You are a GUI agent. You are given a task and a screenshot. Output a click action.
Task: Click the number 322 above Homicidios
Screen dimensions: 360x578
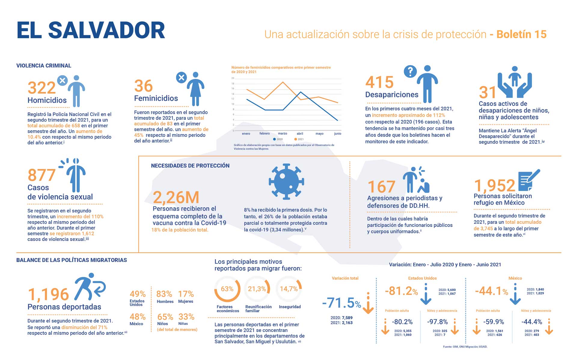click(41, 88)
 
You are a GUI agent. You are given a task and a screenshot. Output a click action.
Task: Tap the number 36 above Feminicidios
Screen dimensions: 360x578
click(143, 86)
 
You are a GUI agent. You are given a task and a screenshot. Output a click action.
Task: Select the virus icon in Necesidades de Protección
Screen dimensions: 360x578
click(286, 182)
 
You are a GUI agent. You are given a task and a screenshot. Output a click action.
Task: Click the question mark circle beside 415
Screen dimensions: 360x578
click(410, 72)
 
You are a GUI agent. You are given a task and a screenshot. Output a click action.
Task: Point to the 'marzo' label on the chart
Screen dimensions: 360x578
click(282, 134)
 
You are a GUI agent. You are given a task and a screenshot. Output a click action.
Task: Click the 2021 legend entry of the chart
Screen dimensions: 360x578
click(299, 139)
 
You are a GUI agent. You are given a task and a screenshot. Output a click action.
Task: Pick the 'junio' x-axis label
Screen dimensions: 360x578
click(338, 134)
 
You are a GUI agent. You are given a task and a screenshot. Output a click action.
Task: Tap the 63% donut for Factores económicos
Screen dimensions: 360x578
click(227, 289)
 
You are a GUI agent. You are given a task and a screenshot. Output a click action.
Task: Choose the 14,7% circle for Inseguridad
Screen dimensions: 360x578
click(289, 289)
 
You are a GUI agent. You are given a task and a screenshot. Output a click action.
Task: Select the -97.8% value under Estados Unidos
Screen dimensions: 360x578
click(437, 322)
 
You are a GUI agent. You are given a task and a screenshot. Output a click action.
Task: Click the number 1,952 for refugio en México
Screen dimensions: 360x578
click(494, 186)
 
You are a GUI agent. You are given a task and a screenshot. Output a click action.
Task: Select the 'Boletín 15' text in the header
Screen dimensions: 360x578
click(521, 35)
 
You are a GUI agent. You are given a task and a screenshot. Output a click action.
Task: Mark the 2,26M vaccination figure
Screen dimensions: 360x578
click(176, 198)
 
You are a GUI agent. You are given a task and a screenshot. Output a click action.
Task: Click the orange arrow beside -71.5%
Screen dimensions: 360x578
click(368, 303)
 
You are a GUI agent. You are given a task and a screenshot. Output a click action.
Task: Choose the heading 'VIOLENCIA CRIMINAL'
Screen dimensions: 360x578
click(44, 66)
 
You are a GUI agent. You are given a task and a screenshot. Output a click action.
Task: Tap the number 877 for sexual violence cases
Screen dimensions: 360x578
click(41, 175)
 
